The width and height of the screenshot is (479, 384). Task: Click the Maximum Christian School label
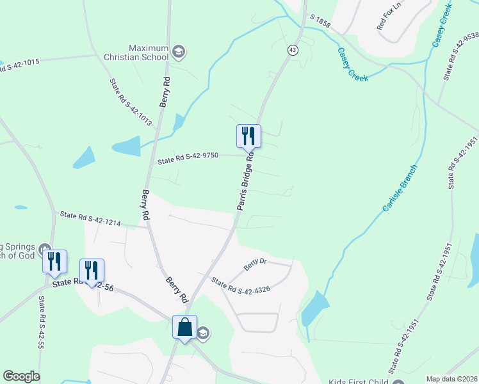click(x=148, y=52)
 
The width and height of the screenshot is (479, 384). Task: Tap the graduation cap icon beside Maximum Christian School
click(x=179, y=52)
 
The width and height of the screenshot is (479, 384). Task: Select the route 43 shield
click(x=293, y=50)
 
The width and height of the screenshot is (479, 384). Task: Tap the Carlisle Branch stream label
click(x=400, y=189)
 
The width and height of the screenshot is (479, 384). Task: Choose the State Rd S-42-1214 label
click(x=90, y=218)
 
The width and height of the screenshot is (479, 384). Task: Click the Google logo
click(x=21, y=376)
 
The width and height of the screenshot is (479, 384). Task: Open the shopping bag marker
click(x=184, y=328)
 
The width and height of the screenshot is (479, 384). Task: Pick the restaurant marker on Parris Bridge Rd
click(x=248, y=136)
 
